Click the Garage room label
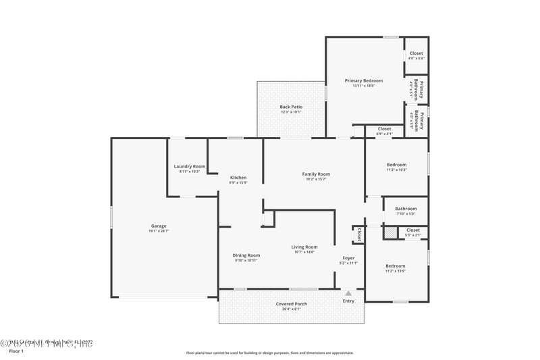click(159, 226)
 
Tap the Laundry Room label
click(189, 166)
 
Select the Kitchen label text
click(238, 178)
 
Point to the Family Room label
click(316, 174)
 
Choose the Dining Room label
click(246, 255)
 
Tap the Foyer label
click(348, 257)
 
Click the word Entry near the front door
click(348, 301)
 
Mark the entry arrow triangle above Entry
click(348, 293)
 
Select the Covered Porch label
click(292, 304)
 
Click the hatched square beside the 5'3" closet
click(390, 232)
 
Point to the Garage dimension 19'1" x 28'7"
click(159, 231)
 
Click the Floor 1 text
click(16, 351)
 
